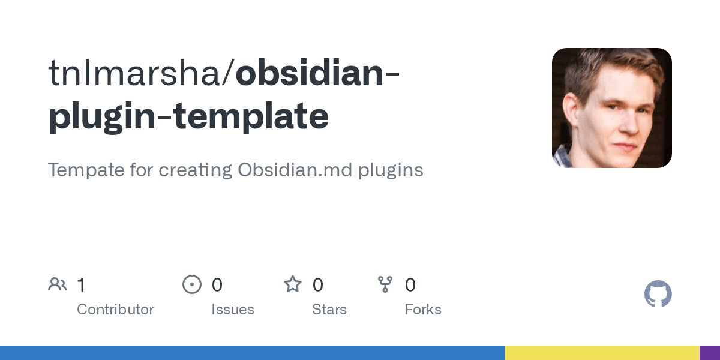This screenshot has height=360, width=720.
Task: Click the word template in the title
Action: pos(251,117)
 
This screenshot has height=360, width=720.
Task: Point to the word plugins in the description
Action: pos(391,170)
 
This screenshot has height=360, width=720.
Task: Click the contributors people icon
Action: pos(58,284)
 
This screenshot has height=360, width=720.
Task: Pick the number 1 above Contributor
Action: pos(81,285)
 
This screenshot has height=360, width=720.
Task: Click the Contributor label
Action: pos(115,310)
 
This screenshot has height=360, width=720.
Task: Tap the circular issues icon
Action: pos(192,284)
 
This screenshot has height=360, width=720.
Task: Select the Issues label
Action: pos(233,310)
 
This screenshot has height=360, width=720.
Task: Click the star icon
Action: pos(293,284)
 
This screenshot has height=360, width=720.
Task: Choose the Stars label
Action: pos(329,310)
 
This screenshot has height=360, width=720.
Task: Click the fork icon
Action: pos(385,284)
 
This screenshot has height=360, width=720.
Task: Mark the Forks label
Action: pos(423,310)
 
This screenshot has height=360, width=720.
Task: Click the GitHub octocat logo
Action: pos(658,294)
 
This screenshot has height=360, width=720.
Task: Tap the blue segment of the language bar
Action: pos(252,353)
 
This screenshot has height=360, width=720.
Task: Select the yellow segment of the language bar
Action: pos(602,353)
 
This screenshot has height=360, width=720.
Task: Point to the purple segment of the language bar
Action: pos(710,353)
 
